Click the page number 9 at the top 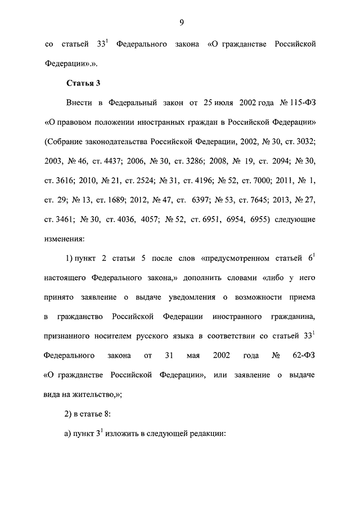(181, 22)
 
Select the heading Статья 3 (83, 83)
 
